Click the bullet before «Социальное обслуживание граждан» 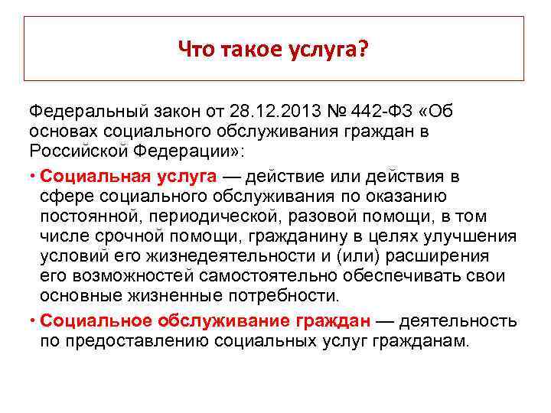(33, 321)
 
